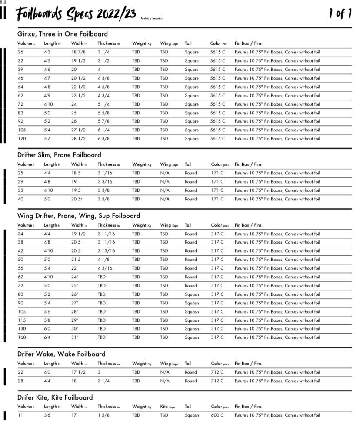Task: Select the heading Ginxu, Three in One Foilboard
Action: pyautogui.click(x=63, y=34)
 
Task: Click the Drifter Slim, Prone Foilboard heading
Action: pyautogui.click(x=59, y=155)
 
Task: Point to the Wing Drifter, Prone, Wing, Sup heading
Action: pyautogui.click(x=79, y=216)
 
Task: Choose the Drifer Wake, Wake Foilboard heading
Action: pyautogui.click(x=61, y=354)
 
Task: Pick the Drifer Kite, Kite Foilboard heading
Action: pyautogui.click(x=55, y=397)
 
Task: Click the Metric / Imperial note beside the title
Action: pyautogui.click(x=152, y=19)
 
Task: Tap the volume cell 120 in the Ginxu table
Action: pyautogui.click(x=22, y=139)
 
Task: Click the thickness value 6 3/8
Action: pyautogui.click(x=104, y=139)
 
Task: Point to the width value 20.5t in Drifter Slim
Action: pyautogui.click(x=77, y=199)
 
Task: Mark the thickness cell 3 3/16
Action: pyautogui.click(x=105, y=182)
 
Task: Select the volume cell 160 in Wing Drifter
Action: pyautogui.click(x=22, y=337)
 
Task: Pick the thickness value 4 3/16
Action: pyautogui.click(x=105, y=268)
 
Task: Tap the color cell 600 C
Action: pyautogui.click(x=217, y=415)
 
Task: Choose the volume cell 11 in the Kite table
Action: pyautogui.click(x=20, y=415)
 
